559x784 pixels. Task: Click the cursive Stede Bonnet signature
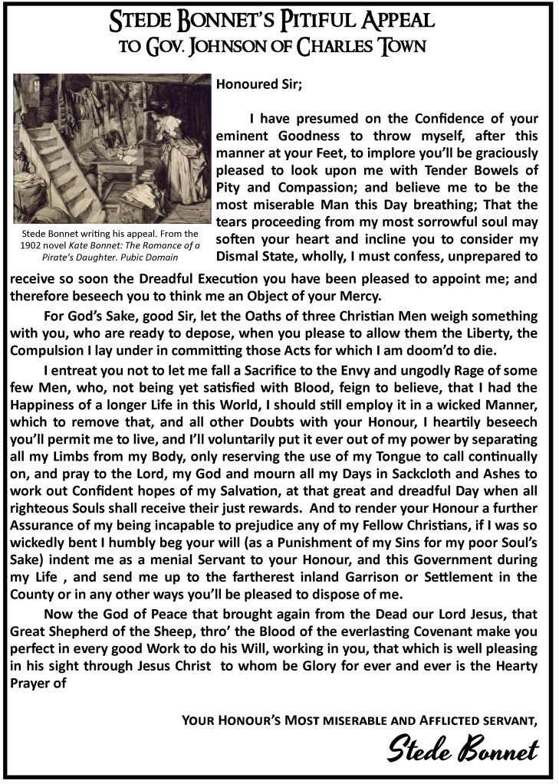click(x=462, y=747)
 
